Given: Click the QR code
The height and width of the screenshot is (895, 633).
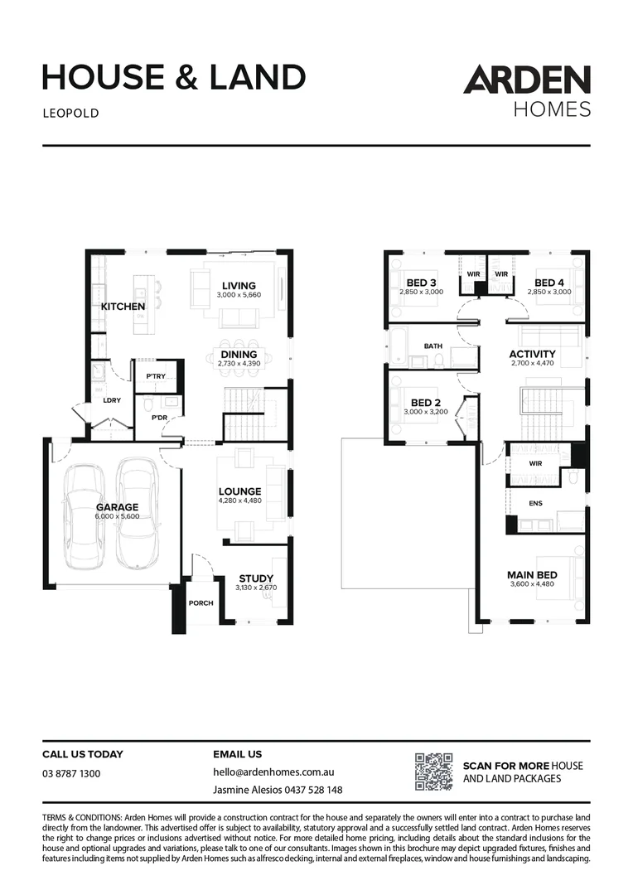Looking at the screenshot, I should tap(433, 772).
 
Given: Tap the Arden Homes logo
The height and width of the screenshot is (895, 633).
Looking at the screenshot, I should tap(527, 91).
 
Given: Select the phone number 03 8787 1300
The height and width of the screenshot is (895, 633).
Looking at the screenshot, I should tap(71, 773).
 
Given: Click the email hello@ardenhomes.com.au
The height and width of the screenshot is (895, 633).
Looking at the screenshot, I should tap(273, 772).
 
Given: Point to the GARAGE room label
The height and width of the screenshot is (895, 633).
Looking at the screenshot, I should tap(117, 507).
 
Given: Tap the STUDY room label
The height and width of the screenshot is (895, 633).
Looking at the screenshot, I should tap(256, 578).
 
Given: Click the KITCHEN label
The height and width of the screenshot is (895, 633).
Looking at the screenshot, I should tap(123, 307).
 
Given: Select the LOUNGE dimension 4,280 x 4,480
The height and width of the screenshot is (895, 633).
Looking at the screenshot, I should tap(239, 500).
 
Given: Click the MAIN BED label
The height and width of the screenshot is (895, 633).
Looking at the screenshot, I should tap(532, 574).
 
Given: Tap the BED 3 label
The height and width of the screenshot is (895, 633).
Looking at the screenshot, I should tap(421, 283).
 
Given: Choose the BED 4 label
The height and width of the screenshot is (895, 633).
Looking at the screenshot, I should tap(549, 283).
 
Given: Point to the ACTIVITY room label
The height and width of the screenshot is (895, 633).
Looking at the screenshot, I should tap(532, 354).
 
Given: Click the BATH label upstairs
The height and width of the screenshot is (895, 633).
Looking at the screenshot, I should tap(432, 346).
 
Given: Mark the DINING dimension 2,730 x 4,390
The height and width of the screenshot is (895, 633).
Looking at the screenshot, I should tap(239, 363).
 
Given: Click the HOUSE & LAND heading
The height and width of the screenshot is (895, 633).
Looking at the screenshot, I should tap(174, 77).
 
